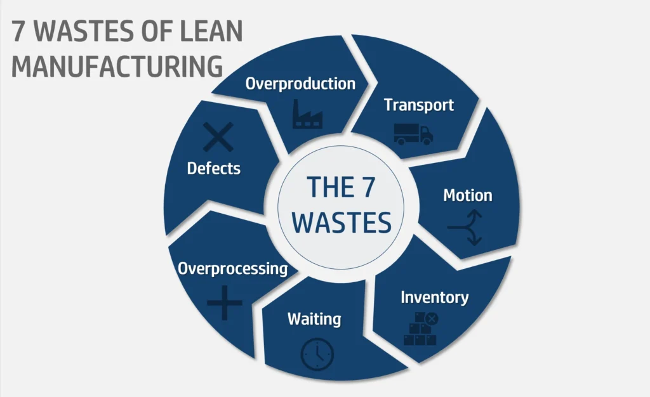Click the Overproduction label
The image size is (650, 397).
click(300, 83)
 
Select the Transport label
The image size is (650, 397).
click(419, 105)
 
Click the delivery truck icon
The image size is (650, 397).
click(413, 134)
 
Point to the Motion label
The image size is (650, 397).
click(467, 195)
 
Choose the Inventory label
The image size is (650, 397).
click(435, 297)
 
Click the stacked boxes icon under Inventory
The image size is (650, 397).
click(420, 329)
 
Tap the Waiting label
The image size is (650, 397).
click(314, 318)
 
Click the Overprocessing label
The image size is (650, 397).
click(232, 268)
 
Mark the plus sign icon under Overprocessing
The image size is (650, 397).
click(225, 303)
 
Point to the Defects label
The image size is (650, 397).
click(214, 168)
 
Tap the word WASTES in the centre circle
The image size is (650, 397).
click(343, 223)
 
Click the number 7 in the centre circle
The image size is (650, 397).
click(375, 187)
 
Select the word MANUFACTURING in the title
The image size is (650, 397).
click(117, 66)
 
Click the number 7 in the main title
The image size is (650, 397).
click(18, 32)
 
